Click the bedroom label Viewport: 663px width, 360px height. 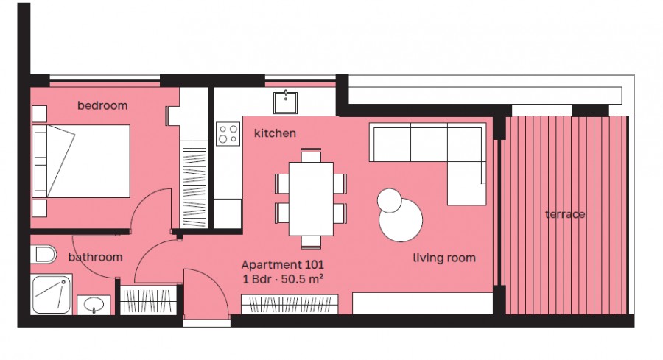tap(102, 106)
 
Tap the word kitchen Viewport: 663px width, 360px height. tap(275, 133)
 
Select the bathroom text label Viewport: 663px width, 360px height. tap(95, 257)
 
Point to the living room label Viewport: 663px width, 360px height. tap(443, 258)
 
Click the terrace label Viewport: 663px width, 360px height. tap(565, 214)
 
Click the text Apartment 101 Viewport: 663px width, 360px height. tap(283, 264)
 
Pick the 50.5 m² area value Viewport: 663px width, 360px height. tap(304, 278)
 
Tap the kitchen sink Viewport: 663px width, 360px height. tap(286, 102)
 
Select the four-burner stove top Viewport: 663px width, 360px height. tap(228, 133)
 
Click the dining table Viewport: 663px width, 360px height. tap(311, 198)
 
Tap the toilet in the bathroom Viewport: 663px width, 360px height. tap(44, 255)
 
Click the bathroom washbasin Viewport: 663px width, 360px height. tap(94, 303)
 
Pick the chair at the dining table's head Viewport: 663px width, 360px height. tap(311, 155)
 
